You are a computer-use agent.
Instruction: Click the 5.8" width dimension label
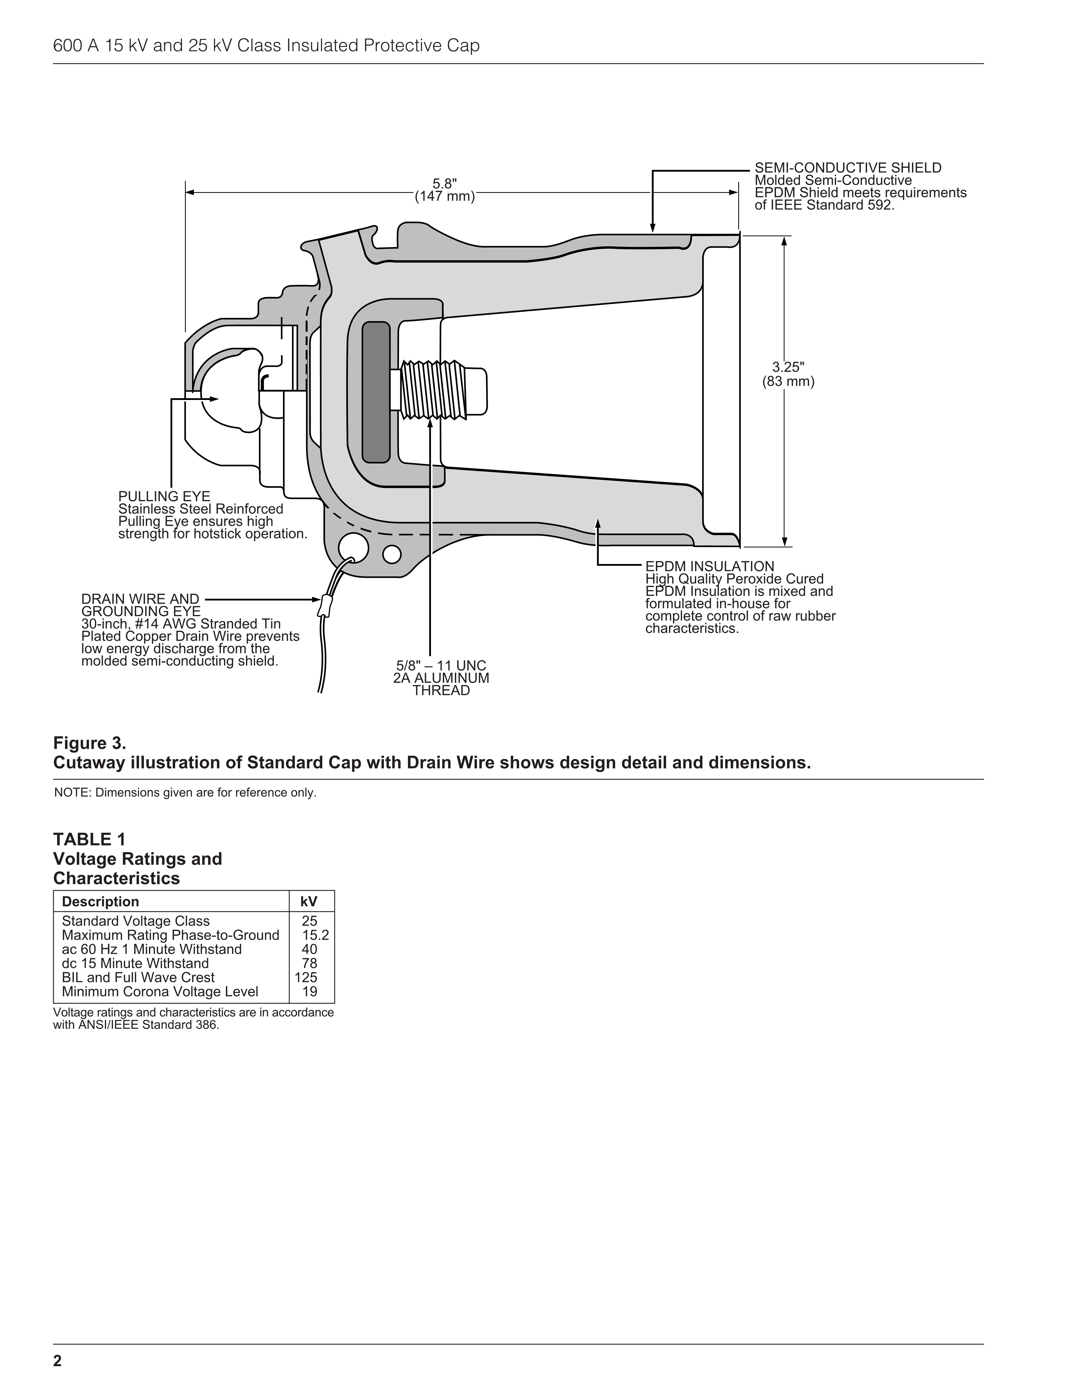pos(445,184)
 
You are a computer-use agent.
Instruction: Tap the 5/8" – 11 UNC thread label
pos(441,666)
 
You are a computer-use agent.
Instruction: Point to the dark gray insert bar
pos(376,392)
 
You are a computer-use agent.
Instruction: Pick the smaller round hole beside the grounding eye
pos(392,554)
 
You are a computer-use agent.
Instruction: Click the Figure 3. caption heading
pos(89,743)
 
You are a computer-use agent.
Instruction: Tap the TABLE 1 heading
pos(89,839)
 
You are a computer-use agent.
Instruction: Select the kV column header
pos(309,902)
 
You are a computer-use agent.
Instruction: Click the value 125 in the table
pos(306,977)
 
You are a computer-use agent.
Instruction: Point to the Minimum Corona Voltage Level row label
pos(160,992)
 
